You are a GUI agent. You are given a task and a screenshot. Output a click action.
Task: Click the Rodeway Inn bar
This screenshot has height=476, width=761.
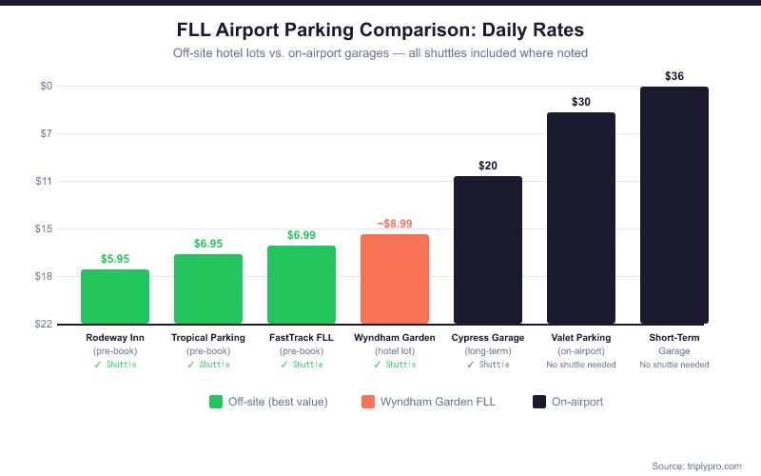pyautogui.click(x=115, y=296)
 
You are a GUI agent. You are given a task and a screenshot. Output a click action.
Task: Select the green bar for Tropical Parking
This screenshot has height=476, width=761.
pyautogui.click(x=208, y=288)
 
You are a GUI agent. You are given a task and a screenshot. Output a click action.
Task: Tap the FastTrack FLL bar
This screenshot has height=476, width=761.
pyautogui.click(x=302, y=285)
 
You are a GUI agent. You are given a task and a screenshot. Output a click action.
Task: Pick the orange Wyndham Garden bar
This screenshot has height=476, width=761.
pyautogui.click(x=395, y=279)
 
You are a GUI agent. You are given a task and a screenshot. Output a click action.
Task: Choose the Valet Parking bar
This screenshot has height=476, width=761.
pyautogui.click(x=581, y=218)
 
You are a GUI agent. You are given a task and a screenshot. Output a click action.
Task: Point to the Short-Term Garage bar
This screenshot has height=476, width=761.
pyautogui.click(x=674, y=205)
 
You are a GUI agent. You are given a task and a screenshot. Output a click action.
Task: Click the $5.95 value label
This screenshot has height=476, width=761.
pyautogui.click(x=115, y=258)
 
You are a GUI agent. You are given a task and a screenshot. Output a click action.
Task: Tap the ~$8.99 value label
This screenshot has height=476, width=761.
pyautogui.click(x=395, y=223)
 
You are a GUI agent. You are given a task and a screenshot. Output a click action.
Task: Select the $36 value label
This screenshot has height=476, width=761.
pyautogui.click(x=674, y=75)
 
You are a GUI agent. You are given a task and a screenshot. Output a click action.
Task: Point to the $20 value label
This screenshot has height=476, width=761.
pyautogui.click(x=488, y=165)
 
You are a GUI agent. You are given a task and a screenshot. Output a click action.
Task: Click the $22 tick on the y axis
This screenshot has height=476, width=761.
pyautogui.click(x=44, y=324)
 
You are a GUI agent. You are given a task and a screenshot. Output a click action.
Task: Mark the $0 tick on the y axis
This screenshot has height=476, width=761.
pyautogui.click(x=47, y=87)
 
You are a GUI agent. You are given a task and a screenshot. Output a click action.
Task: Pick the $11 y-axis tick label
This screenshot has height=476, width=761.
pyautogui.click(x=44, y=181)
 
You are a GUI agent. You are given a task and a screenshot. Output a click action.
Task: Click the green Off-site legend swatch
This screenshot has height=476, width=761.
pyautogui.click(x=215, y=402)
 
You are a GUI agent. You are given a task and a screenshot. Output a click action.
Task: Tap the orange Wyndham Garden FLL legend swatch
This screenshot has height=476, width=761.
pyautogui.click(x=368, y=402)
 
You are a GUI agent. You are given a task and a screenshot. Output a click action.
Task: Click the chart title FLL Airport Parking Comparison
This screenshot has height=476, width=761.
pyautogui.click(x=380, y=30)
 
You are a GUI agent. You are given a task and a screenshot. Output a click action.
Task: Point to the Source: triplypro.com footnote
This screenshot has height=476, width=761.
pyautogui.click(x=696, y=466)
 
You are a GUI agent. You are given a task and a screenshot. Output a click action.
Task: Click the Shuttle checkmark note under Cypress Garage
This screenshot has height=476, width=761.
pyautogui.click(x=488, y=364)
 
